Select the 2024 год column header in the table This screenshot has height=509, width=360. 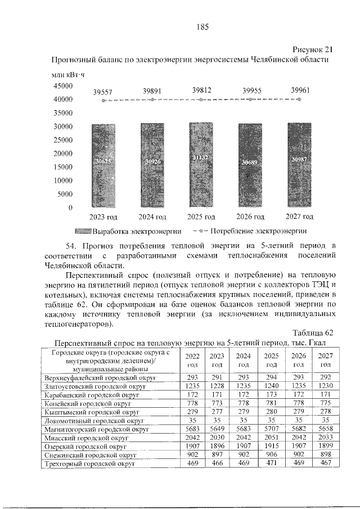coord(243,360)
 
